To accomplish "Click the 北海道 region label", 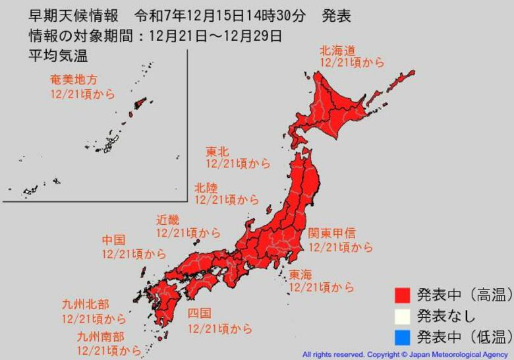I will click(x=337, y=49).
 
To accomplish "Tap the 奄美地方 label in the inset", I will click(x=74, y=80).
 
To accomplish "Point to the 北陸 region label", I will click(x=206, y=187).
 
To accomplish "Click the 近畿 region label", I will click(x=167, y=220).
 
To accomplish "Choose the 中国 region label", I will click(x=113, y=240).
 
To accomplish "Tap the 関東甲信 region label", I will click(x=332, y=233).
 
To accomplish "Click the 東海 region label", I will click(x=300, y=274).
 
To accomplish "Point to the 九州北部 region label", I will click(x=86, y=304).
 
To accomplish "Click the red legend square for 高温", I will click(x=403, y=295).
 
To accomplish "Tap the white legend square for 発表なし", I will click(x=403, y=316).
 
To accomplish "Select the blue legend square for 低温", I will click(x=403, y=338).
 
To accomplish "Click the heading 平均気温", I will click(x=58, y=55).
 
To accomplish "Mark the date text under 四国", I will click(x=219, y=328).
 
